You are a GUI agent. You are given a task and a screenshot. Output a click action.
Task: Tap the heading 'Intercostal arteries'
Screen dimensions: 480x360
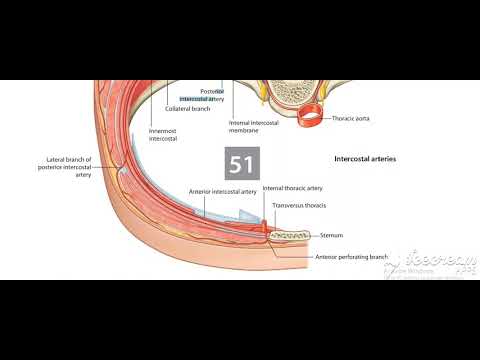(364, 158)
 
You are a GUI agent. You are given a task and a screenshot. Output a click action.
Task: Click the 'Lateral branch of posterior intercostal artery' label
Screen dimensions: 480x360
(70, 165)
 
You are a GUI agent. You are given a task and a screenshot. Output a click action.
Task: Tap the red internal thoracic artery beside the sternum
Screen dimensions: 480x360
(265, 229)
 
